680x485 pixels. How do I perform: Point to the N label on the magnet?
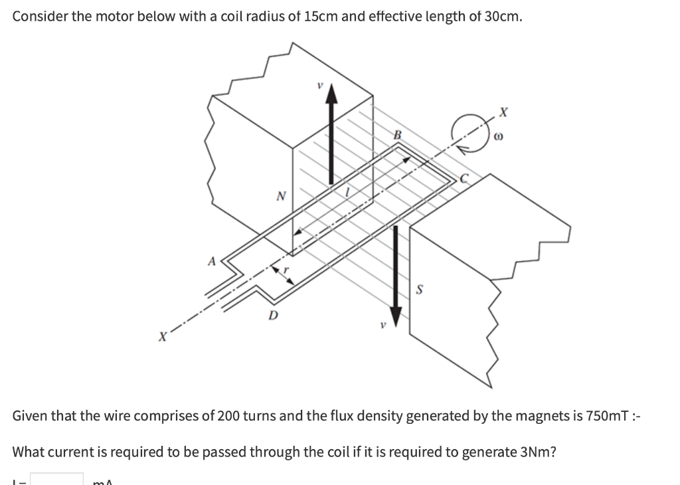pos(280,196)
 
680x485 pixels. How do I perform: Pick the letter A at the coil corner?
pos(212,261)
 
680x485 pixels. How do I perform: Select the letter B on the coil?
pos(398,136)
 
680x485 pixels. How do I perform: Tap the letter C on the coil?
pos(466,177)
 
